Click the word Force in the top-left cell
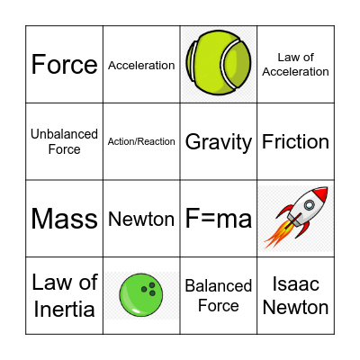64,65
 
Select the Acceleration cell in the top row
141,65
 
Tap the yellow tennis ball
219,63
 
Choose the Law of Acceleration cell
295,65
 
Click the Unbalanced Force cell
64,141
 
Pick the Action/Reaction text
141,141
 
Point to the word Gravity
219,141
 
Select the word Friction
295,141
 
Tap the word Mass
64,219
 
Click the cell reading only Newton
141,219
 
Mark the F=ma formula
219,219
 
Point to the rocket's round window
310,206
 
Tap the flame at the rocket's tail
275,237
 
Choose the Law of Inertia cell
64,295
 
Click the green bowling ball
141,294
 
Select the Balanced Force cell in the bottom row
219,295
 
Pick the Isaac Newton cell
295,295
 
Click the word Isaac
295,284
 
